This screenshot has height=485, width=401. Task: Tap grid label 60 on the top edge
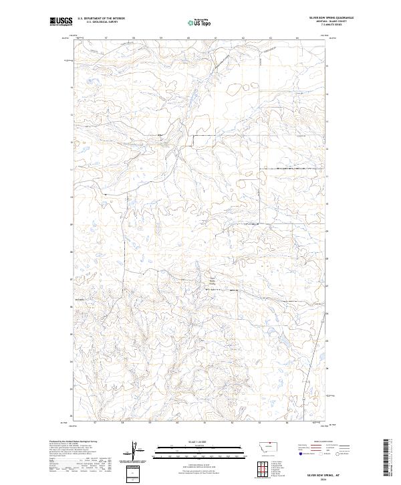click(188, 38)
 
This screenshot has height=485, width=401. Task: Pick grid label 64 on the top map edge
click(297, 38)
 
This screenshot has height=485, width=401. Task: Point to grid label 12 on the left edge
click(72, 142)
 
